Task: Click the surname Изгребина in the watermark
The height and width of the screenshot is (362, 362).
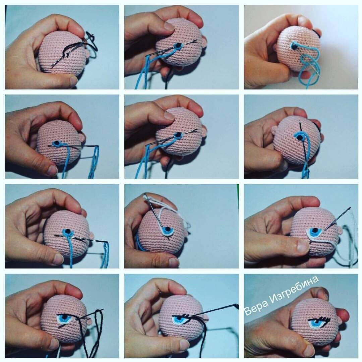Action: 294,289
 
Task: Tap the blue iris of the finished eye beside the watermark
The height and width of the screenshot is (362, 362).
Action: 316,322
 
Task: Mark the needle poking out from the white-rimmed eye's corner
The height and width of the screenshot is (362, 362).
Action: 337,219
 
